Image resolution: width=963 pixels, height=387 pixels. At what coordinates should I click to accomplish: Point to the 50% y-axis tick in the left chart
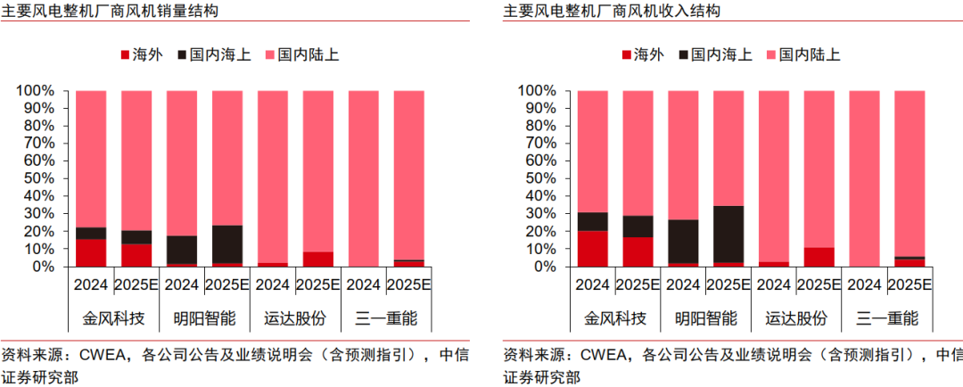pyautogui.click(x=39, y=178)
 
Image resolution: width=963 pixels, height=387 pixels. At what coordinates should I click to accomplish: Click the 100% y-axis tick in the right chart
pyautogui.click(x=538, y=91)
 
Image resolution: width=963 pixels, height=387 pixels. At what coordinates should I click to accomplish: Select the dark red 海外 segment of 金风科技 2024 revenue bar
pyautogui.click(x=592, y=249)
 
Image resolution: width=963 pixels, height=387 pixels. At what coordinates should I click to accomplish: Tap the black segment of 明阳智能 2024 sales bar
pyautogui.click(x=181, y=250)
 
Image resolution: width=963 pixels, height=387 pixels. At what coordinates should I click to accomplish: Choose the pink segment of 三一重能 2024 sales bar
pyautogui.click(x=363, y=178)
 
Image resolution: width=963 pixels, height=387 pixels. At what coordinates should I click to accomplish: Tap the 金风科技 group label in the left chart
pyautogui.click(x=113, y=318)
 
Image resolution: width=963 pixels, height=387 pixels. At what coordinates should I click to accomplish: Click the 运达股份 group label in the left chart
pyautogui.click(x=295, y=318)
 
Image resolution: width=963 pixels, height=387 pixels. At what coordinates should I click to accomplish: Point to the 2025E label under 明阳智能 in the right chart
pyautogui.click(x=728, y=285)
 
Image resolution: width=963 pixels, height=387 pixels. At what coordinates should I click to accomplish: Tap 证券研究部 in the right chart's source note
pyautogui.click(x=541, y=377)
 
